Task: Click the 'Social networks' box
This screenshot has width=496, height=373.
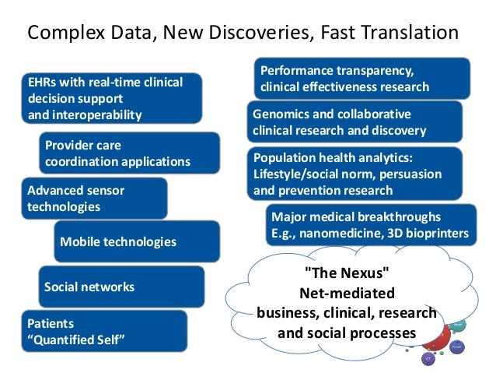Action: pyautogui.click(x=120, y=287)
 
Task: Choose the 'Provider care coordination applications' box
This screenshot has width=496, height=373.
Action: pyautogui.click(x=128, y=153)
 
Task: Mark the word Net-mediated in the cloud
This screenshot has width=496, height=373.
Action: pyautogui.click(x=347, y=294)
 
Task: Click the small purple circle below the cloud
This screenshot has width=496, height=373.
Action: pyautogui.click(x=428, y=359)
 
